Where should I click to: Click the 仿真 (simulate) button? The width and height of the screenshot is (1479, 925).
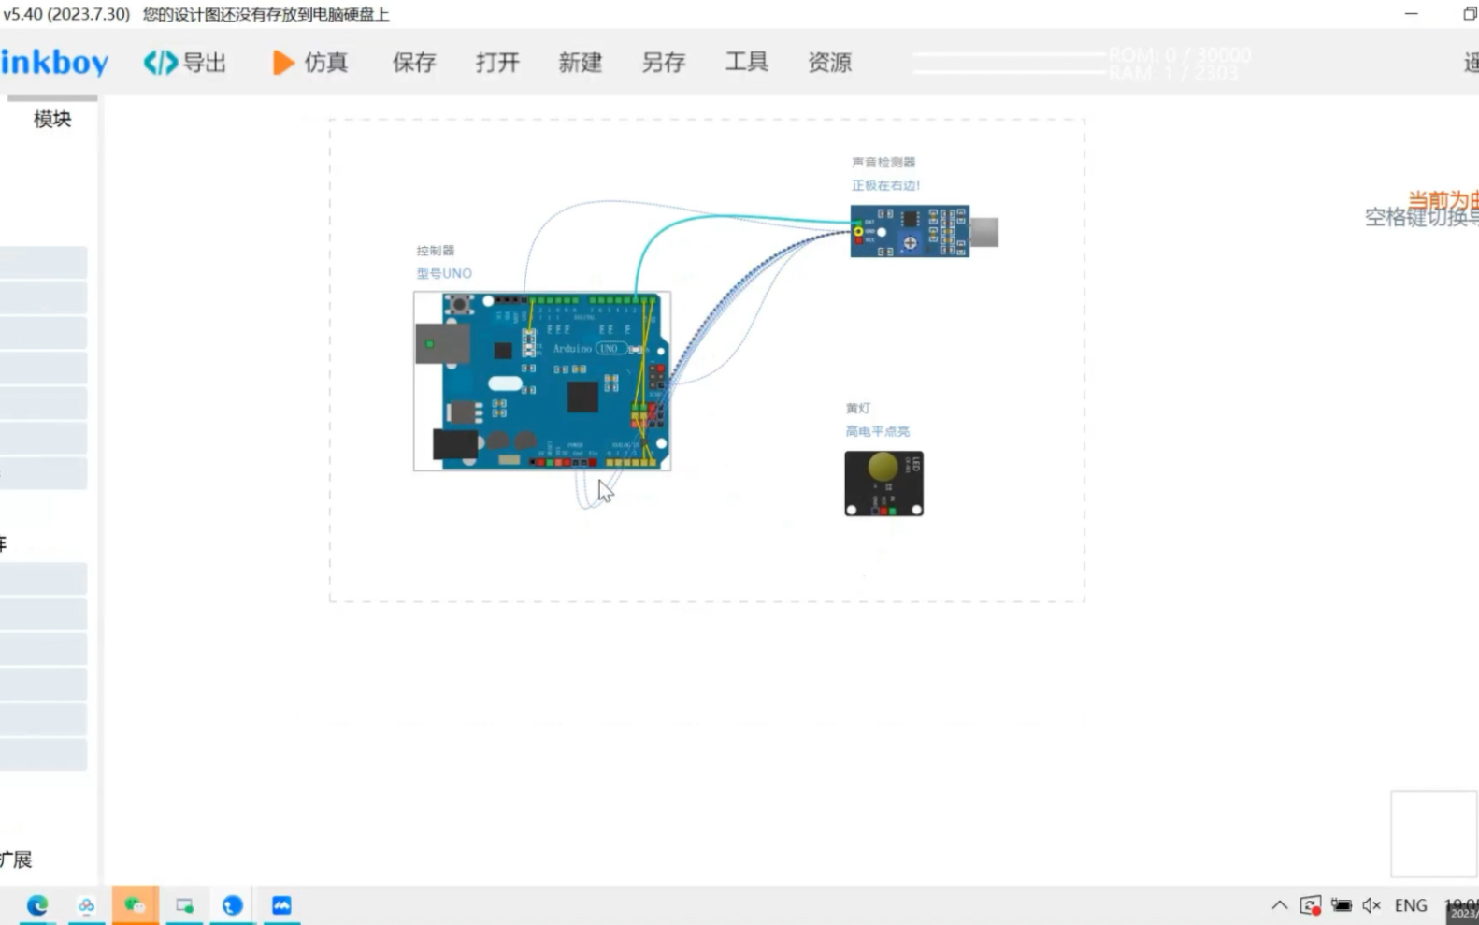coord(310,63)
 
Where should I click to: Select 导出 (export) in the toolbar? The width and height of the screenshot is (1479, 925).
coord(185,63)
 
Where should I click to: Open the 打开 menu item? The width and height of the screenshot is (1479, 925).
coord(496,63)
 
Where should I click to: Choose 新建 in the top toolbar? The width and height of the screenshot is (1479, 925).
coord(580,63)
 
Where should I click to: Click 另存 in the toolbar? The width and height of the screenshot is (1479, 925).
coord(663,63)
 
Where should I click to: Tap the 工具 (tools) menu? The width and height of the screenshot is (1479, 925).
coord(746,63)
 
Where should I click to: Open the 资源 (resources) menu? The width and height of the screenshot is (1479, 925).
coord(829,63)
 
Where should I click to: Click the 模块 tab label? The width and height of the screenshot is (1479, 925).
coord(52,119)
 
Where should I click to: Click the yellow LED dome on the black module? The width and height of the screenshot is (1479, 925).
coord(883,466)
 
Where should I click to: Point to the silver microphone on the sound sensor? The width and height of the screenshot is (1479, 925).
coord(984,232)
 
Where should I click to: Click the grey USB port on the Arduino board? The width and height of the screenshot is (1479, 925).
coord(441,343)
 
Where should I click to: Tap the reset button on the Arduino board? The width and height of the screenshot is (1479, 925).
coord(459,304)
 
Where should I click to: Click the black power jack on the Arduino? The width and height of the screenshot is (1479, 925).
coord(454,444)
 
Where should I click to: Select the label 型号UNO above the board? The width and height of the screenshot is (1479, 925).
coord(444,273)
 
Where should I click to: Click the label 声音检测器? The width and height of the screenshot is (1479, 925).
coord(883,162)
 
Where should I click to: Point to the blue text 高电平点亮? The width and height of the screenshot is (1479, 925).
coord(877,431)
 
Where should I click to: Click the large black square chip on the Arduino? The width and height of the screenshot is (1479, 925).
coord(582,396)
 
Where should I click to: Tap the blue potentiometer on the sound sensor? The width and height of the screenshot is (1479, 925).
coord(910,242)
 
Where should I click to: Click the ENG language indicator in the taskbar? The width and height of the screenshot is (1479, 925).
coord(1410,905)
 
